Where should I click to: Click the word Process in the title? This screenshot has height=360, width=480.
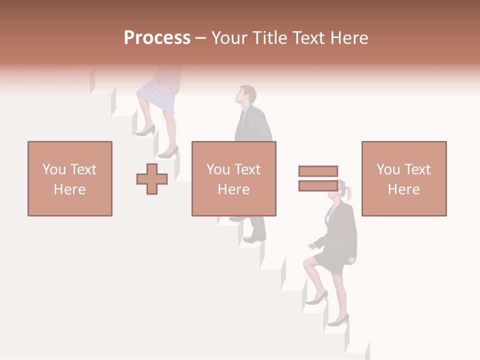157,38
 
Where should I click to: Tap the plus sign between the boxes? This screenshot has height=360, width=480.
152,179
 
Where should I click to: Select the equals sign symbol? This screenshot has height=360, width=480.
318,178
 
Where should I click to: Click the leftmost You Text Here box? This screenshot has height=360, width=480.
70,178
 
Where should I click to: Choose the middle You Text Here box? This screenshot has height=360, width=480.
233,178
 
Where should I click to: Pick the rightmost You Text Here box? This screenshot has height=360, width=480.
403,178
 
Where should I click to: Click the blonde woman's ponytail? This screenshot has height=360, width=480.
348,192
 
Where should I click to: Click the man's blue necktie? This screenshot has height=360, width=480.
242,120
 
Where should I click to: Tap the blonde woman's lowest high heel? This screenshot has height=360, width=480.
338,320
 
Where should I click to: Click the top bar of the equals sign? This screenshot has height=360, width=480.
318,171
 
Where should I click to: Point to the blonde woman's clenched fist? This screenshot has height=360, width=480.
312,245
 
